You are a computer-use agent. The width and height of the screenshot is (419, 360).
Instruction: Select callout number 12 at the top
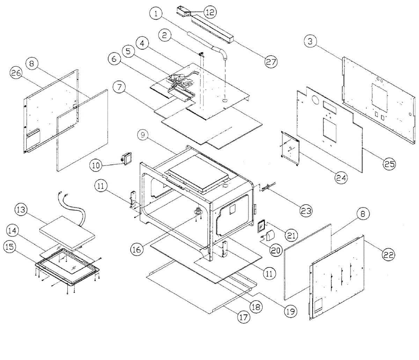pos(210,12)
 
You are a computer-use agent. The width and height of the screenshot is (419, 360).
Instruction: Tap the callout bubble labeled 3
pos(310,42)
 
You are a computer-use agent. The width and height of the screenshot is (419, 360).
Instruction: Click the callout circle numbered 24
pos(341,177)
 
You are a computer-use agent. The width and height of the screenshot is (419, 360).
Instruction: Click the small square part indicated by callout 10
pos(127,158)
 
